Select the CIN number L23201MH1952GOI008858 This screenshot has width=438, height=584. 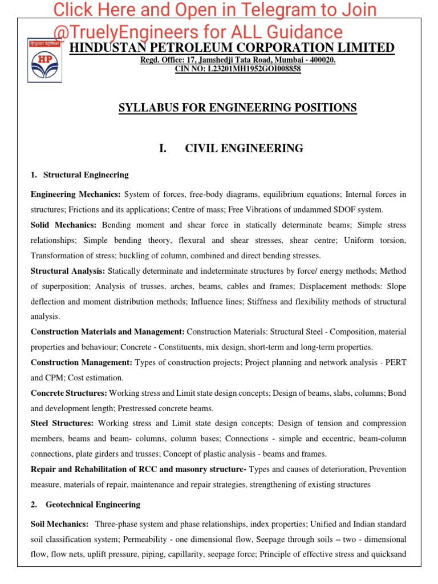[254, 69]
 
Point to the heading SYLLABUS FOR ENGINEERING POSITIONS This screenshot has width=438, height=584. [237, 108]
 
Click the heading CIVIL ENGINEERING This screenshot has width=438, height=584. [244, 149]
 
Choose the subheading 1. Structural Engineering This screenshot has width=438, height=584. [80, 175]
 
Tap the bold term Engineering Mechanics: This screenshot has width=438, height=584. [76, 194]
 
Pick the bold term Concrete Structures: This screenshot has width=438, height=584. [69, 393]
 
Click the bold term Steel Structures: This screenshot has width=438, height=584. [62, 423]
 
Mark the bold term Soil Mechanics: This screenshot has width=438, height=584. [59, 524]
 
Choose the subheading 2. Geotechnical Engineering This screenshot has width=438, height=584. [85, 504]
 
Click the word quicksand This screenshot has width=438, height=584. [389, 554]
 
